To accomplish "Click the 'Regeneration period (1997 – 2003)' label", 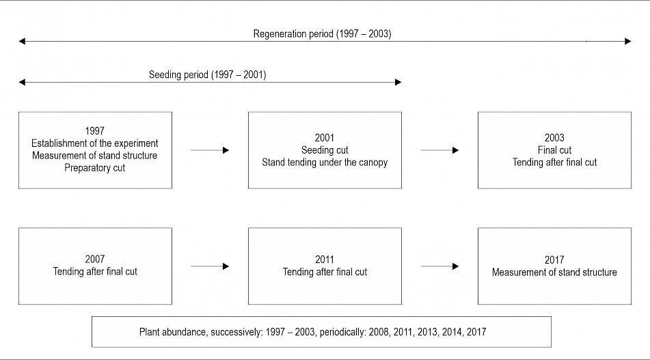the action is click(x=322, y=33).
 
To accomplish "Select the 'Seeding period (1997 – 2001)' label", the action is click(x=207, y=74).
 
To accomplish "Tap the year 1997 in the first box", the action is click(x=94, y=131).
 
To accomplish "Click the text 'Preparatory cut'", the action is click(x=94, y=168).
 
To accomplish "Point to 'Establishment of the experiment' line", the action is click(x=94, y=143).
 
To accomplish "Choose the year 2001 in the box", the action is click(x=325, y=137).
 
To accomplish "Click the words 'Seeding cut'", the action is click(x=325, y=150).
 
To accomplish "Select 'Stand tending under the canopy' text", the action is click(x=325, y=163).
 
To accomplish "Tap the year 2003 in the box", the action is click(x=554, y=137).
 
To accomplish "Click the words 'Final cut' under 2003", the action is click(x=554, y=150).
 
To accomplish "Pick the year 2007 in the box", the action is click(x=95, y=259).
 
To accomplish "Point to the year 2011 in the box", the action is click(x=325, y=260).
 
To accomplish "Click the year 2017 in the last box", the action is click(x=554, y=260).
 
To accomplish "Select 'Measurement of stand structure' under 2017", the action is click(x=554, y=272).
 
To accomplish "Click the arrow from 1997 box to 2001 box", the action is click(x=210, y=150).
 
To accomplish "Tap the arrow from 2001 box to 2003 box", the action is click(x=440, y=150).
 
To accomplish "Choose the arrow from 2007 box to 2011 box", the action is click(x=210, y=266).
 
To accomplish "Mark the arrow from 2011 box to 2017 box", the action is click(x=440, y=266).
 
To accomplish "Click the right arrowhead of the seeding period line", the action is click(x=398, y=82).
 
